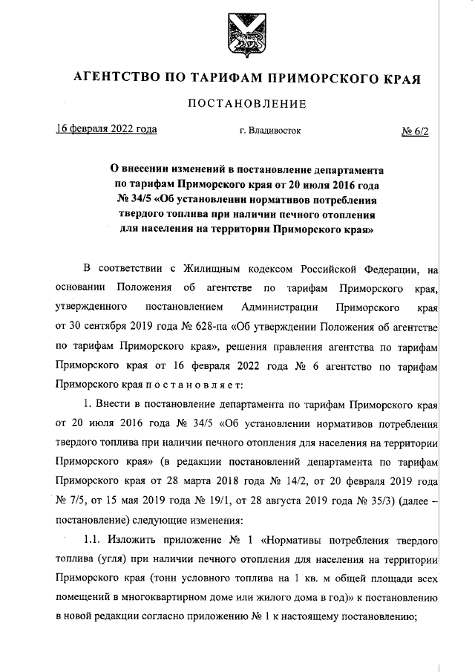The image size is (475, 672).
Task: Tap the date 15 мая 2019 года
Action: click(x=140, y=500)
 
